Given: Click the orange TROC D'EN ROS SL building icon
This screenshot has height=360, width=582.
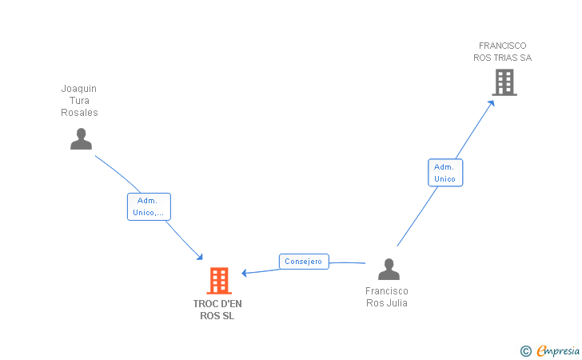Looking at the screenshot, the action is tap(219, 281).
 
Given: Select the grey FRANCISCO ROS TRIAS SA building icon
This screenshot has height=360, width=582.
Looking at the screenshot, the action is tap(504, 82).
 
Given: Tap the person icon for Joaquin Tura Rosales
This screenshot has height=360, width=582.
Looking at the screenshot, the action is tap(81, 138).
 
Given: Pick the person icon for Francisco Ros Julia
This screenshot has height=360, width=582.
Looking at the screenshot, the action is tap(389, 270).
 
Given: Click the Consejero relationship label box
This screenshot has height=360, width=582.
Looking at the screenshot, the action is tap(304, 262).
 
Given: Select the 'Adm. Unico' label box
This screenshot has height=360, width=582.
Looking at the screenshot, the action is tap(444, 173).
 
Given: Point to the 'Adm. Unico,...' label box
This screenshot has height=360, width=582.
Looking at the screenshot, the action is tap(149, 206).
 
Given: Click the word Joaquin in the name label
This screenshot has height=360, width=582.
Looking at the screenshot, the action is tap(79, 89).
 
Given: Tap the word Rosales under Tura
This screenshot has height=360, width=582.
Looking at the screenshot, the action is tap(79, 113).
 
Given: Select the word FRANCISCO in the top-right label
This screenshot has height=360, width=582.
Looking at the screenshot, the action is tap(502, 46).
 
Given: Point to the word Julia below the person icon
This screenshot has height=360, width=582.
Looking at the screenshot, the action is tap(396, 302).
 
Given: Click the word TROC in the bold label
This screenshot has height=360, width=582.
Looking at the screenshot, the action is tap(205, 303).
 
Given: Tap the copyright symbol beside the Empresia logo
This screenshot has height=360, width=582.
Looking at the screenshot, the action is tap(525, 350).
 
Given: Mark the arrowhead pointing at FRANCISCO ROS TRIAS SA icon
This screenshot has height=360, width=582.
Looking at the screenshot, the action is tap(493, 102).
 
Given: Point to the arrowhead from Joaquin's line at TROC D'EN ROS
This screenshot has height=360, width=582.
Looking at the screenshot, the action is tap(201, 257).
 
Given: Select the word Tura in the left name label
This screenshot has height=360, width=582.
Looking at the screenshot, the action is tap(79, 101).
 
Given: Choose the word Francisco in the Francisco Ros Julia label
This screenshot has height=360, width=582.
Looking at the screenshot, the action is tap(387, 291).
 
